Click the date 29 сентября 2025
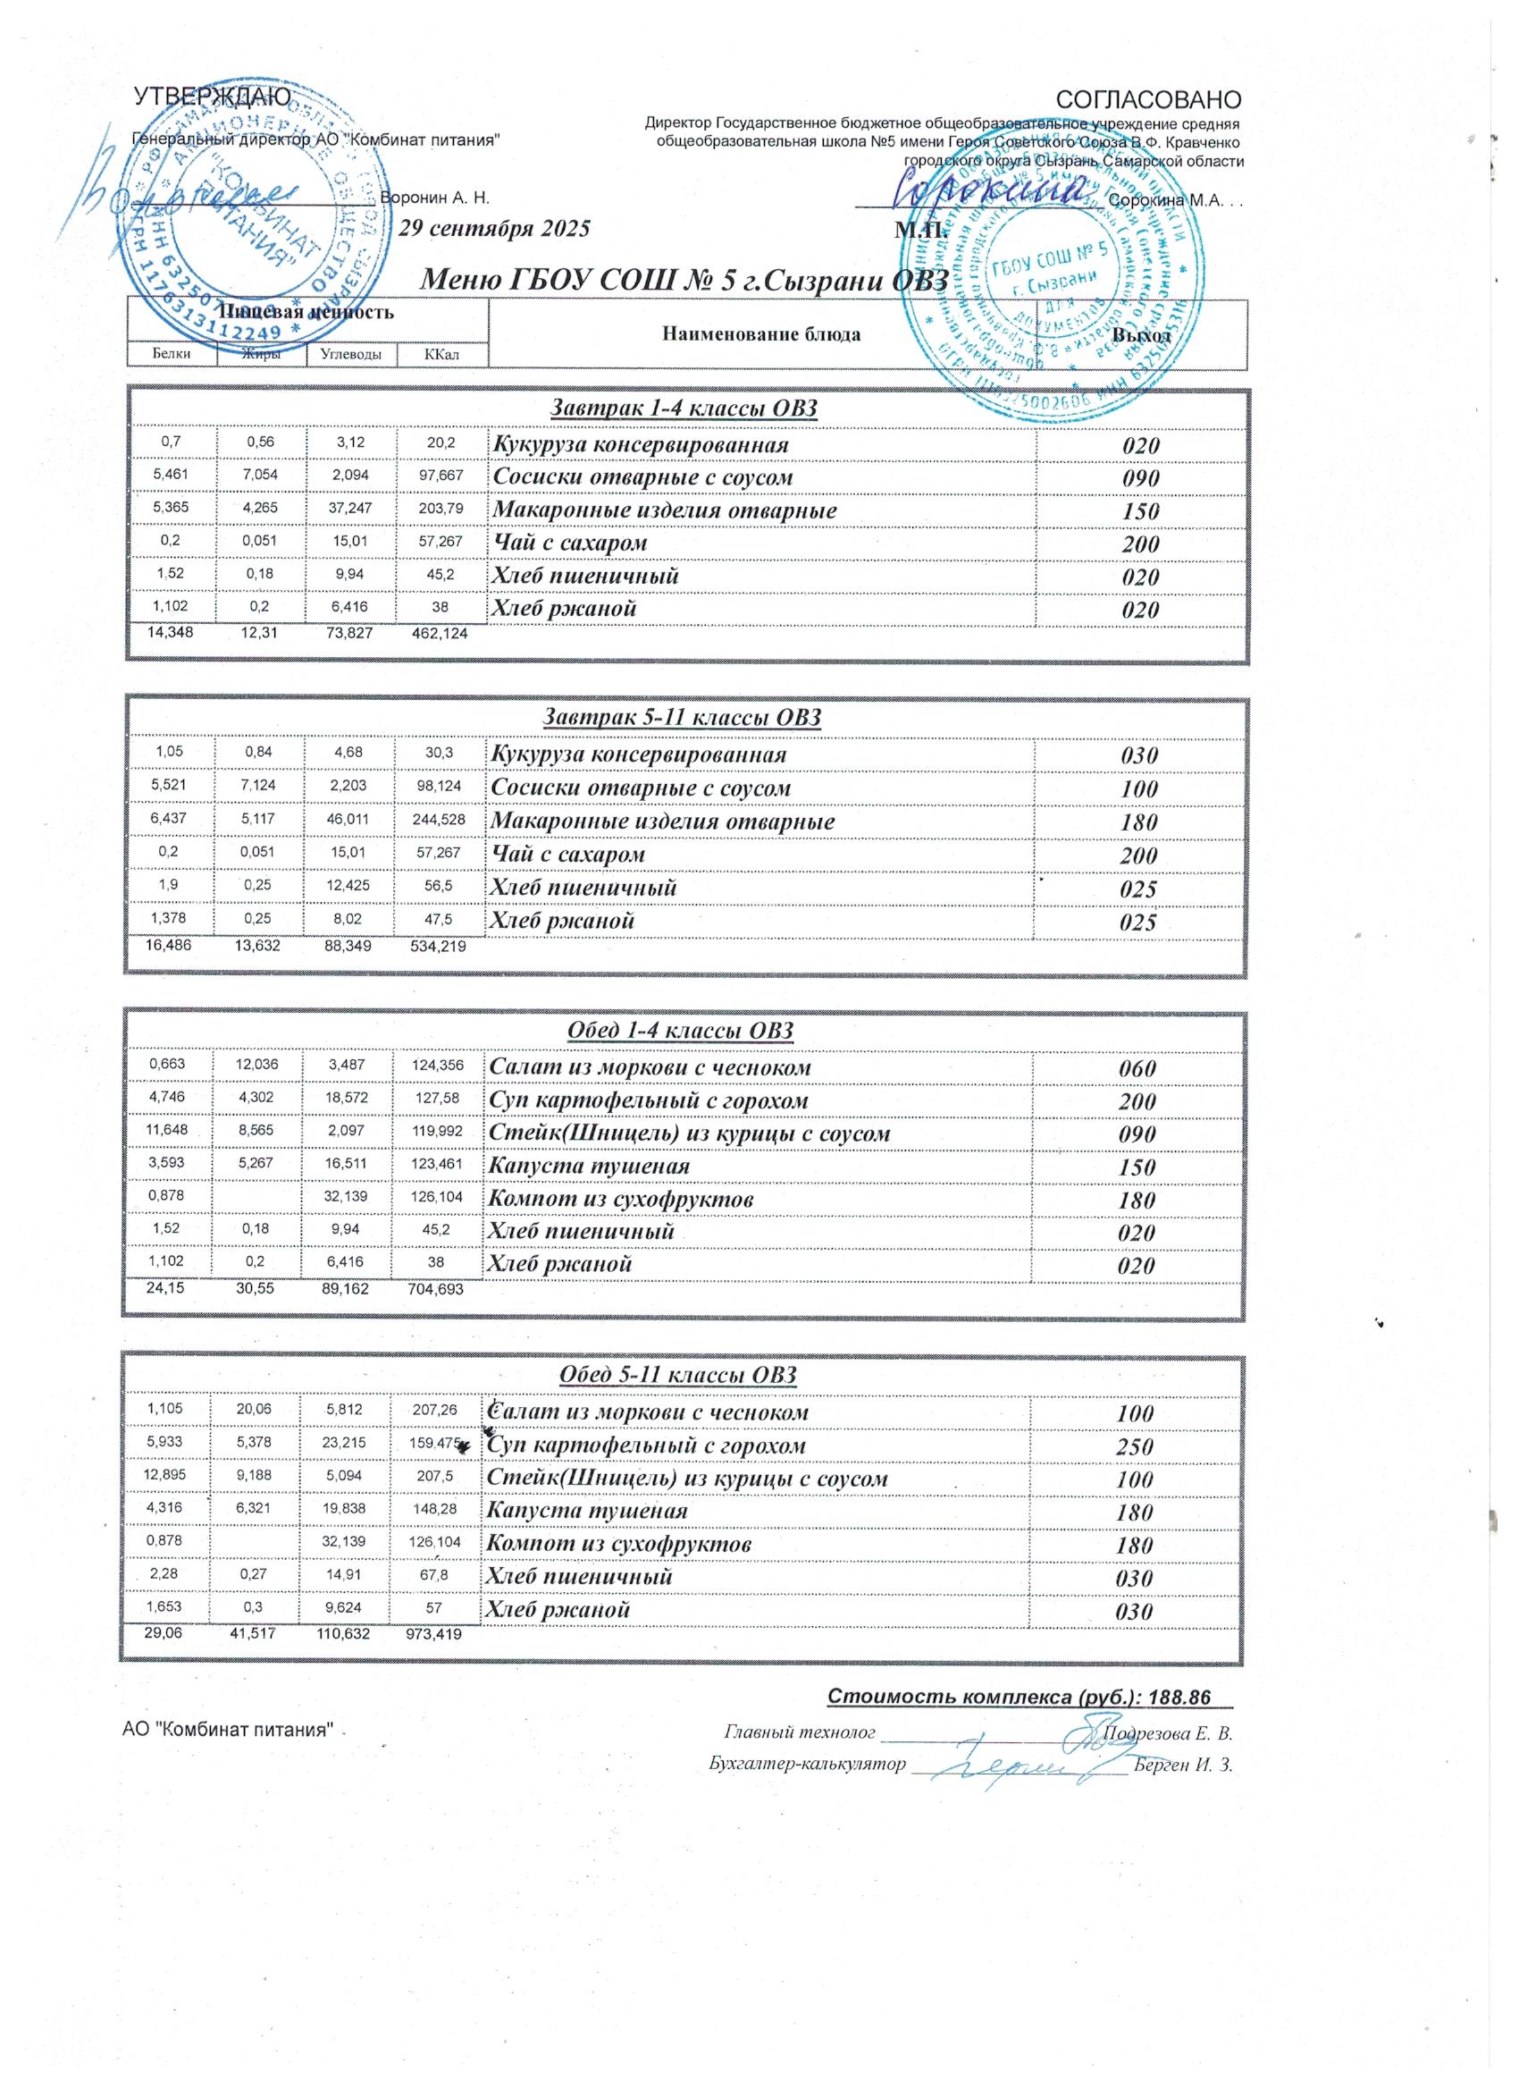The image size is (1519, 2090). tap(495, 229)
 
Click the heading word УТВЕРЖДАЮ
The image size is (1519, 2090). tap(213, 97)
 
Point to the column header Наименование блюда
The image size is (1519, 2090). tap(761, 334)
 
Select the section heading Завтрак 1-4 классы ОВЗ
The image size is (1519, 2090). tap(684, 409)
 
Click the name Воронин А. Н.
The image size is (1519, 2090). tap(434, 198)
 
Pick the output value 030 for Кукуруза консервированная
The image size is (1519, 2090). tap(1138, 755)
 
